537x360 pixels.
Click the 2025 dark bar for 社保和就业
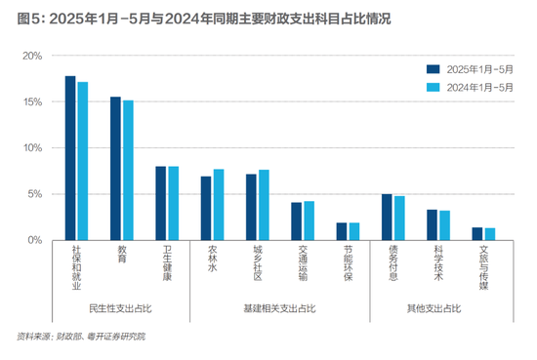[70, 158]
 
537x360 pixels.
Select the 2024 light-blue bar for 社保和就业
[83, 161]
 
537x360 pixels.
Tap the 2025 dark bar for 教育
[115, 169]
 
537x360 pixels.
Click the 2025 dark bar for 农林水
[206, 208]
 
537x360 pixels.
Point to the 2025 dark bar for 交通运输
[297, 221]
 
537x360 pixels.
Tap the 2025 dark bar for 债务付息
[387, 217]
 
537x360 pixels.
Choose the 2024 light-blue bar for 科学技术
[444, 225]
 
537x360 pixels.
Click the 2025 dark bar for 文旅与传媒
[477, 233]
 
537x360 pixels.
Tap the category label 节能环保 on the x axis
[341, 261]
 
